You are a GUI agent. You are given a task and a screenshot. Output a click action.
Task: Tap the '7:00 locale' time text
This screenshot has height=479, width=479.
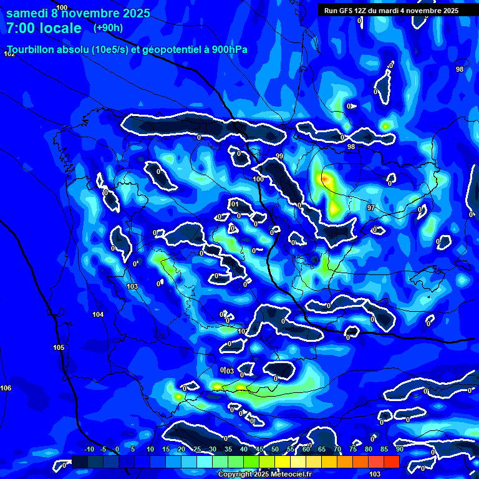coord(44,28)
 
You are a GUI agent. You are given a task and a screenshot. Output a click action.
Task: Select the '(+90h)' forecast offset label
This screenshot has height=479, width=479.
coord(108,27)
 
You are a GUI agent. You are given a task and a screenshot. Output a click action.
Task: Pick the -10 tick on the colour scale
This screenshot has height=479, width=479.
coord(89,450)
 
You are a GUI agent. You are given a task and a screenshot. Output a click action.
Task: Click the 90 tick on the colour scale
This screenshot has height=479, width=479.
coord(399,450)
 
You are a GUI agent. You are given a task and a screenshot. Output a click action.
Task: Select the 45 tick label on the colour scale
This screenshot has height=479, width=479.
coord(259,450)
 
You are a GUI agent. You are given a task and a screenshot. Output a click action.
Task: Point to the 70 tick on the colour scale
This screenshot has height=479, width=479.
coord(337,450)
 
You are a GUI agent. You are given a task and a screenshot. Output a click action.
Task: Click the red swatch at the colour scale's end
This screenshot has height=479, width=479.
coord(391,462)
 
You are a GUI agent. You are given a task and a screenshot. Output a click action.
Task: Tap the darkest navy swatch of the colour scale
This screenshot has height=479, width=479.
coord(79,462)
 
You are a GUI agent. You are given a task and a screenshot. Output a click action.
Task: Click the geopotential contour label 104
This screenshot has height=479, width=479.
coord(98,314)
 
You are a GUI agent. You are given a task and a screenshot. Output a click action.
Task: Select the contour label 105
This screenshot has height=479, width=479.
coord(59,347)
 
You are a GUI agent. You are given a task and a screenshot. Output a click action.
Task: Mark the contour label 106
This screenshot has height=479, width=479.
coord(6,388)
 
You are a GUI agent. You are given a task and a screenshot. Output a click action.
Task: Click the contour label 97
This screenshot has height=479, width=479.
coord(371,207)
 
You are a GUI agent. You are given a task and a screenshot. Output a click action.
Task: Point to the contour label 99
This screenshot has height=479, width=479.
coord(279,156)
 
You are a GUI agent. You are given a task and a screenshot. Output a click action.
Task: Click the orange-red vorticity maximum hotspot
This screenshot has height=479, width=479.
coord(324,178)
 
